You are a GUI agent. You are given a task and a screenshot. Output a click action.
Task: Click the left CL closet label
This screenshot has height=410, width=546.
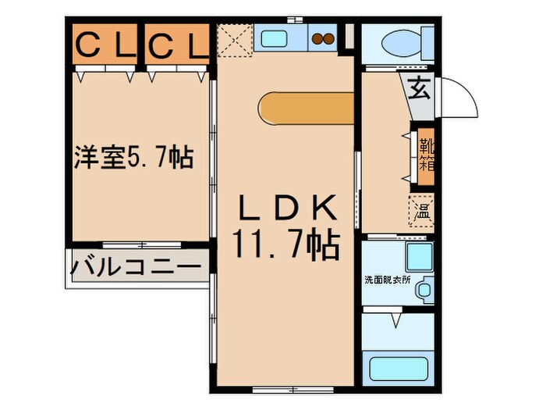[x=104, y=46]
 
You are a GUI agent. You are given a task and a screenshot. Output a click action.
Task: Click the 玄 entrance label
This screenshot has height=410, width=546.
[x=420, y=89]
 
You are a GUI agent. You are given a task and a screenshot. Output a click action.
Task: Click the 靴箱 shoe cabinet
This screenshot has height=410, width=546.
[x=425, y=154]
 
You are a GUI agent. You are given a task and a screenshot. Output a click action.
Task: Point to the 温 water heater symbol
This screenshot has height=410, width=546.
[x=422, y=210]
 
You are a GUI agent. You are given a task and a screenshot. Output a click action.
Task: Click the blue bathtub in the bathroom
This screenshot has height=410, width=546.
[x=399, y=368]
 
